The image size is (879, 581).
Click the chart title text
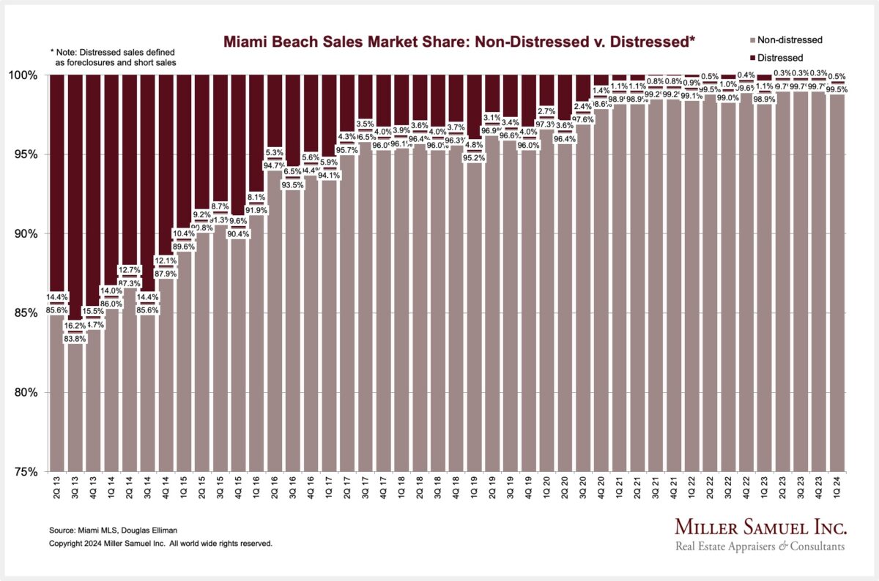(x=450, y=43)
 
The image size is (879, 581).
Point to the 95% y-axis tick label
(x=29, y=154)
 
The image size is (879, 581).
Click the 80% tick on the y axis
(x=29, y=392)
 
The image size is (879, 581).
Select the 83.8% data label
(x=75, y=338)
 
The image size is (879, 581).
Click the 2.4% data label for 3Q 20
(x=582, y=106)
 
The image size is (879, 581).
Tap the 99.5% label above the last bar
(x=836, y=89)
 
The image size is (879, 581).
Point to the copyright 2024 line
(x=160, y=544)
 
